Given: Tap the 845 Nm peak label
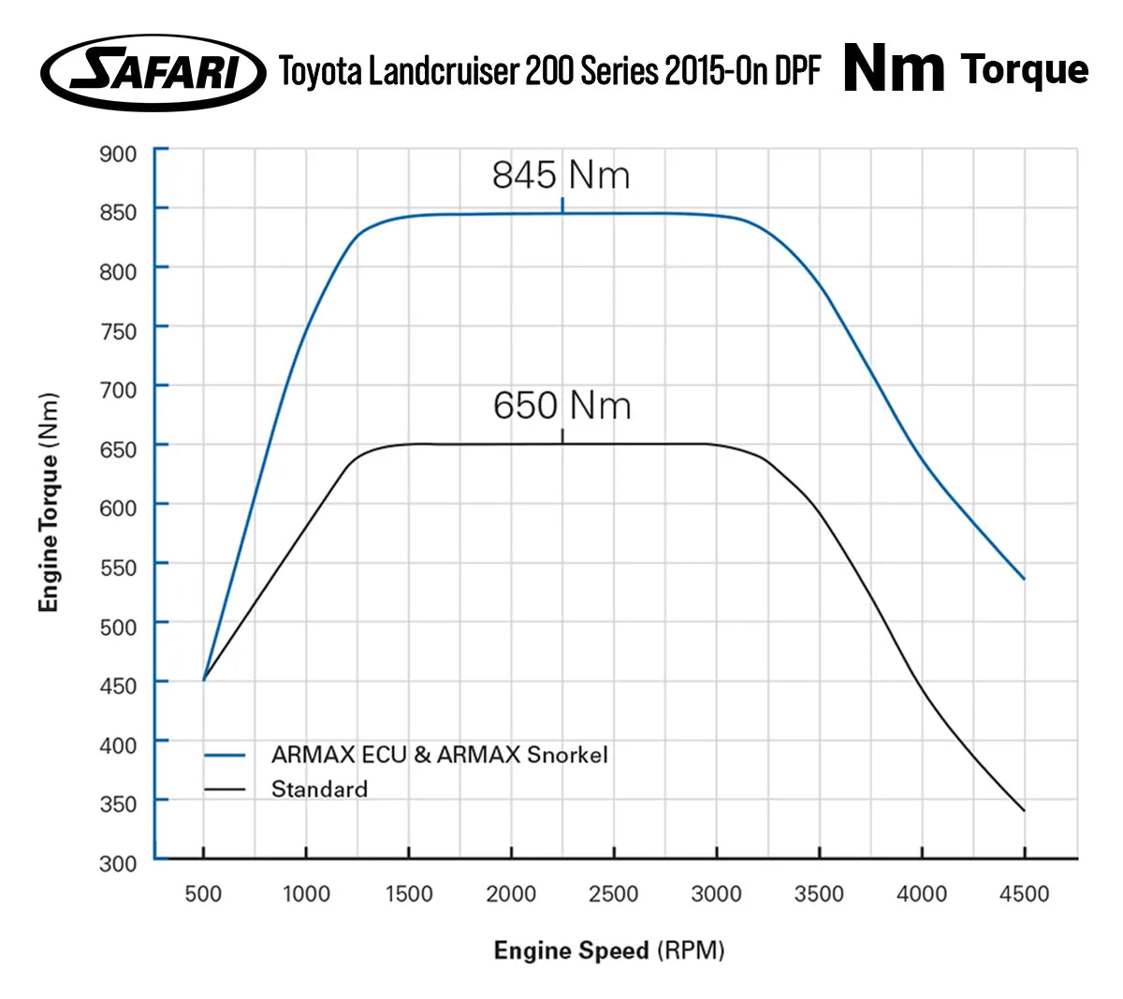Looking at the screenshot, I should pos(561,175).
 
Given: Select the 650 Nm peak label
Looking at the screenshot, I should pos(562,406).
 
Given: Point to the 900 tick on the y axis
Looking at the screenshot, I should pos(119,153).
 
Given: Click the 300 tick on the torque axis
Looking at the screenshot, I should pos(119,862).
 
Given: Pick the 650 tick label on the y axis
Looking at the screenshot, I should pos(119,449).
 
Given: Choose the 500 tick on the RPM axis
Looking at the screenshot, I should pos(203,893).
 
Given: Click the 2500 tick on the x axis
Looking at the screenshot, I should pos(614,893).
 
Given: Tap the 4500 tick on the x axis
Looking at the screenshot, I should pos(1024,893).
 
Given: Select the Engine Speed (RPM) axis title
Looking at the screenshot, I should pos(609,950).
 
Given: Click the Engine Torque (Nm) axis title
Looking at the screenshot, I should pos(49,502).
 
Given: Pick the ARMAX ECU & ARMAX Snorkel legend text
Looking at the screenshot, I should pos(439,755).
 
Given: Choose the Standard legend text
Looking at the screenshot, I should pos(319,789).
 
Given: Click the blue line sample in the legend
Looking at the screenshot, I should pos(225,755).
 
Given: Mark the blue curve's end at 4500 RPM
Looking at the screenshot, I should pos(1024,579).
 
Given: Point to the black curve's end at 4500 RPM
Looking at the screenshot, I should pos(1024,810).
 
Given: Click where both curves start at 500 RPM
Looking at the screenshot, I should pos(204,679).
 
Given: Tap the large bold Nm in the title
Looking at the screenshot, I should pos(894,69).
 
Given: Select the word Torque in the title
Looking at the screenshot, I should pos(1025,70).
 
